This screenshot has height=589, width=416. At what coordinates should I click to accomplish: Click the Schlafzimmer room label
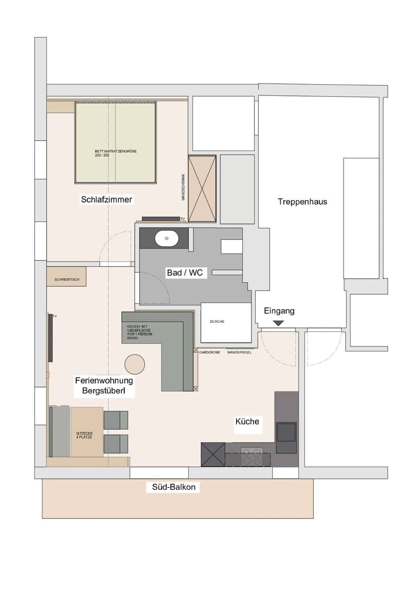(x=107, y=200)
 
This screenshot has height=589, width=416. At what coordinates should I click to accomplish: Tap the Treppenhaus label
(x=302, y=202)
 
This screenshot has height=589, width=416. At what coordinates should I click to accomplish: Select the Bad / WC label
(x=185, y=273)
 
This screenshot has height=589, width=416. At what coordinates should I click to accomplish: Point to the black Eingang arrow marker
(x=278, y=323)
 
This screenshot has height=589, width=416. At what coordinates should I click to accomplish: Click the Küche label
(x=247, y=422)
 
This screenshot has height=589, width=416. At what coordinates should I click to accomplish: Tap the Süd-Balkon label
(x=173, y=487)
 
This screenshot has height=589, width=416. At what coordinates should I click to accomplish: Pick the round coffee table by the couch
(x=134, y=364)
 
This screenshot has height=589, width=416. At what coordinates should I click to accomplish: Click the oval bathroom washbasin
(x=167, y=239)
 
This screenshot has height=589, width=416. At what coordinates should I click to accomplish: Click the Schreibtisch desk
(x=66, y=277)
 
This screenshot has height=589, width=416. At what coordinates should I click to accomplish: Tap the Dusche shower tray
(x=226, y=322)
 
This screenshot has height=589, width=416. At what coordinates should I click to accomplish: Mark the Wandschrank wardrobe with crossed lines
(x=202, y=189)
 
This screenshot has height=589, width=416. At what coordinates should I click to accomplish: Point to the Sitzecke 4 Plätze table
(x=87, y=432)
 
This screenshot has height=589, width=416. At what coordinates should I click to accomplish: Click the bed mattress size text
(x=115, y=153)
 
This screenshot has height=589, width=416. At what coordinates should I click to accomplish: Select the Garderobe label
(x=209, y=353)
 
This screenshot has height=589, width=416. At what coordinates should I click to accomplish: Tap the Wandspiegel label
(x=239, y=353)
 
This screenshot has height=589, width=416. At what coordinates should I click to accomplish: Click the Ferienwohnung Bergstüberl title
(x=104, y=386)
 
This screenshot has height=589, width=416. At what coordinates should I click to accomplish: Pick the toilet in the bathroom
(x=231, y=246)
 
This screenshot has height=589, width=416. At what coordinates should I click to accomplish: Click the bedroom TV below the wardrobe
(x=161, y=219)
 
